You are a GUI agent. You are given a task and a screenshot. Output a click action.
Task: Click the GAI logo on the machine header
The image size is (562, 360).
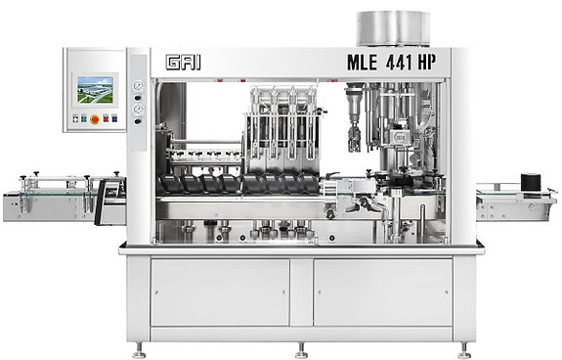(x=183, y=62)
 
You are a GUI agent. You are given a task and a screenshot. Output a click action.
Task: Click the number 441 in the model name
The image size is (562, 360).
(x=399, y=62)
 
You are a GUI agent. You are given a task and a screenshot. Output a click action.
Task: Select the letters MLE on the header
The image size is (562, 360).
(x=362, y=62)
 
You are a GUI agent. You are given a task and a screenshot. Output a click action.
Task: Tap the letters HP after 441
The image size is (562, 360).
(x=427, y=62)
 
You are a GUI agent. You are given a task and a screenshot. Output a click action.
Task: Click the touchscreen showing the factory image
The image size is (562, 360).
(x=96, y=90)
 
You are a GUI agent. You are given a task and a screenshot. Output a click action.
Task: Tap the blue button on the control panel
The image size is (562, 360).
(x=114, y=118)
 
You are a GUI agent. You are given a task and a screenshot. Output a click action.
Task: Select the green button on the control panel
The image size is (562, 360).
(x=84, y=118)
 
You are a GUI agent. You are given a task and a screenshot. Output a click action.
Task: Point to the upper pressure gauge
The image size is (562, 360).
(x=138, y=86)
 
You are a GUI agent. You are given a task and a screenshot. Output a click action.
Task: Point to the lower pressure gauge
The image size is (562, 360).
(x=138, y=109)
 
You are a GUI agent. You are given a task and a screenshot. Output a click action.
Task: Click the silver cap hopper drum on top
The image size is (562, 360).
(x=393, y=28)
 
